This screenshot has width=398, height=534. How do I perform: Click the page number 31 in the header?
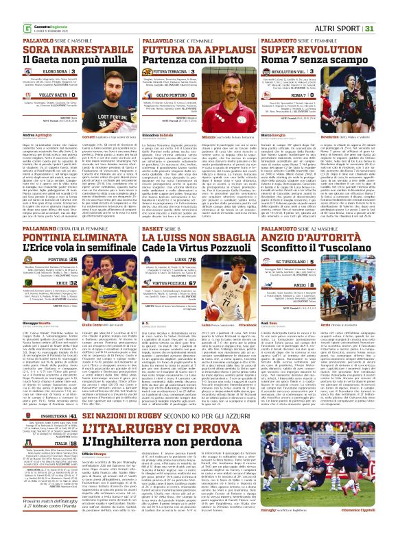tap(388, 10)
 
